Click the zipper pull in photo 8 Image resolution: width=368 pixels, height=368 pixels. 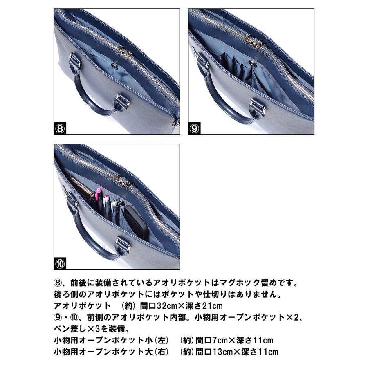pos(124,52)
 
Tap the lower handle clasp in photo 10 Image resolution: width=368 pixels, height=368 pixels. pos(123,243)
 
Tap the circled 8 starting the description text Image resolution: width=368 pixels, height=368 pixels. pos(58,283)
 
